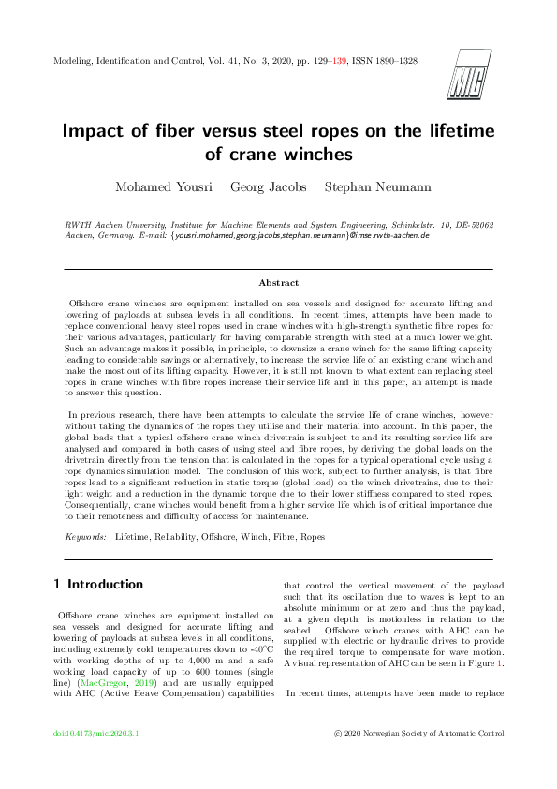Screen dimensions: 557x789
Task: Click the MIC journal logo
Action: pyautogui.click(x=470, y=69)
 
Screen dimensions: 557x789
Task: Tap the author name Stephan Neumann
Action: pyautogui.click(x=377, y=187)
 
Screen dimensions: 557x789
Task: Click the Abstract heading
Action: pyautogui.click(x=278, y=281)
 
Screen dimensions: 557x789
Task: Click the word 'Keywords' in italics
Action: pyautogui.click(x=83, y=537)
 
